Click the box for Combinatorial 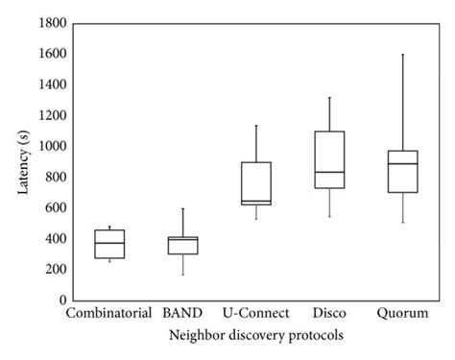coord(109,244)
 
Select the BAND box coord(182,245)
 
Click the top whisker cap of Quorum coord(402,54)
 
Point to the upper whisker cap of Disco coord(329,97)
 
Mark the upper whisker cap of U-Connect coord(256,125)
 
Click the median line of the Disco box coord(329,172)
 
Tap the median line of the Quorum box coord(402,163)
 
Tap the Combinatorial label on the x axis coord(109,314)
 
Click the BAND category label coord(182,314)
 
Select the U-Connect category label coord(256,314)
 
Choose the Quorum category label coord(402,314)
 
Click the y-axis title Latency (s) coord(20,161)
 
